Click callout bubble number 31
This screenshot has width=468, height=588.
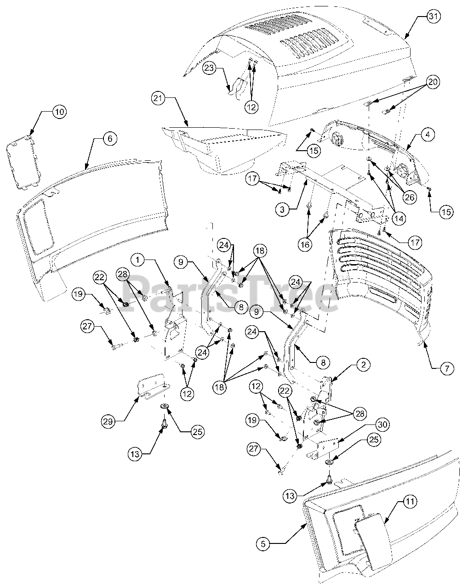click(x=433, y=16)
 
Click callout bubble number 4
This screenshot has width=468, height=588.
click(x=428, y=135)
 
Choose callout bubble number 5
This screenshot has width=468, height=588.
click(x=263, y=544)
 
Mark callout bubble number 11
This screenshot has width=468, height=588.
click(x=411, y=501)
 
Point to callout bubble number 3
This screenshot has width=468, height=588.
click(x=283, y=210)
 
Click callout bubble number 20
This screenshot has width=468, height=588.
click(x=433, y=82)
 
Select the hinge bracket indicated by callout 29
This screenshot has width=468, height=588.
click(x=152, y=388)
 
